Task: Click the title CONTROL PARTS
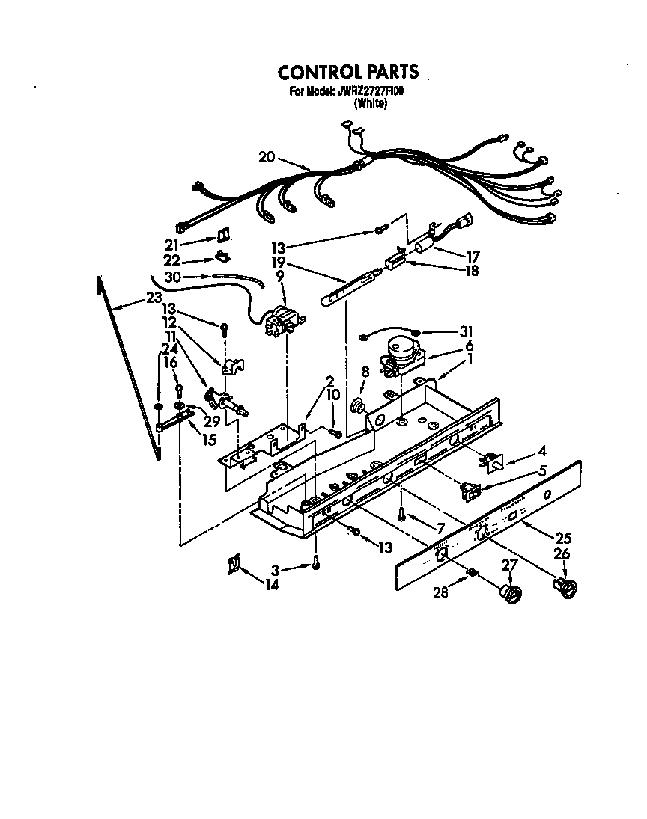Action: [348, 72]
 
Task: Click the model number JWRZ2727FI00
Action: [368, 93]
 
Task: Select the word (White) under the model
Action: [371, 105]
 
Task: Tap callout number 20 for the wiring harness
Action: [267, 157]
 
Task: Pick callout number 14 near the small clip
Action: [271, 585]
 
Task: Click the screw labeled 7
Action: [402, 513]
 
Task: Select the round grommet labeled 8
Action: [359, 406]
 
